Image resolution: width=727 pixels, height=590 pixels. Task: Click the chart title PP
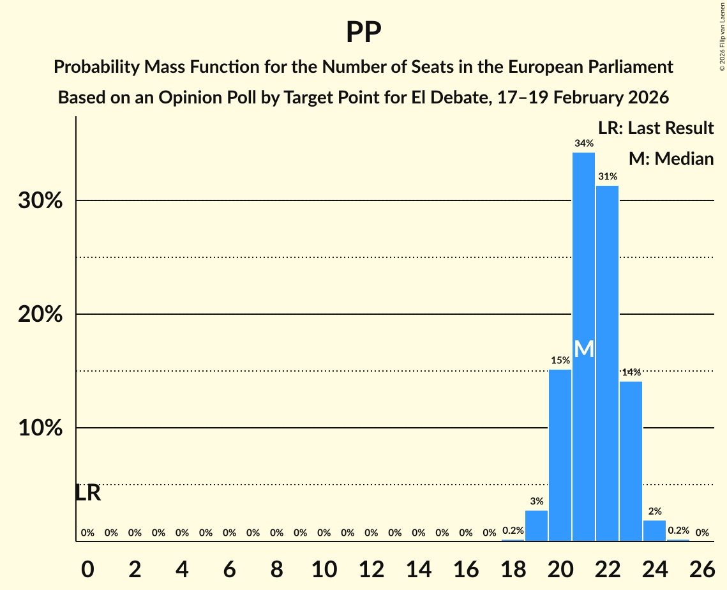click(363, 32)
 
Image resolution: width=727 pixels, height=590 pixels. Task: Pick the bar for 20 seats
click(560, 455)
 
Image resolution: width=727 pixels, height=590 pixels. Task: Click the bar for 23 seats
click(631, 460)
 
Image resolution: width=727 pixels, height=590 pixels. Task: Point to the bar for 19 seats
click(536, 526)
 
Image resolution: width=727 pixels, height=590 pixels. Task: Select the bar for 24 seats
click(654, 531)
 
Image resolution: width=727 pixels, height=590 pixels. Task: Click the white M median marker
click(583, 349)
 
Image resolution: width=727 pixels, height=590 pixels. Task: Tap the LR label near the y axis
click(87, 493)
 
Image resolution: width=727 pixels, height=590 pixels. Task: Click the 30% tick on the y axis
click(40, 201)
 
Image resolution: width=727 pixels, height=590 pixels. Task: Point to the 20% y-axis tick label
click(40, 315)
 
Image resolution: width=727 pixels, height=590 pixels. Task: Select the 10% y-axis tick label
click(40, 428)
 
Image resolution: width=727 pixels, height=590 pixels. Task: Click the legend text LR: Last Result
click(656, 128)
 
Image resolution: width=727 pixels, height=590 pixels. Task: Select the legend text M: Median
click(670, 158)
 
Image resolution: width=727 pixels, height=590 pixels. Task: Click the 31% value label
click(607, 176)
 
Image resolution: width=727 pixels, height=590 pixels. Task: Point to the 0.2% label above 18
click(513, 531)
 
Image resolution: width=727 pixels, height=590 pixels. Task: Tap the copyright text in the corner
click(722, 36)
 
